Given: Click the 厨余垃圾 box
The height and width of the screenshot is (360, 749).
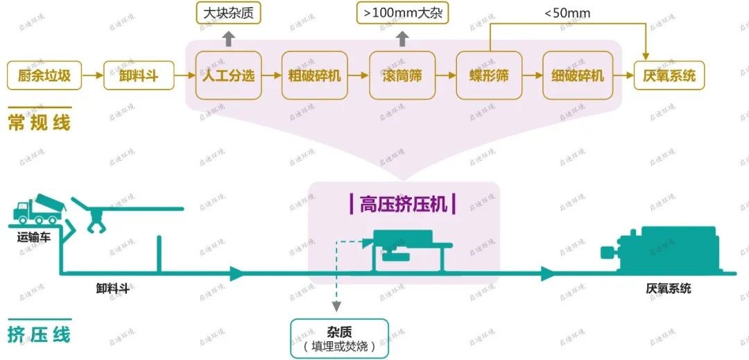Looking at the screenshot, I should (x=44, y=75).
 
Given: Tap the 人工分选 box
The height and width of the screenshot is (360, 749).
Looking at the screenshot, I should (x=228, y=75).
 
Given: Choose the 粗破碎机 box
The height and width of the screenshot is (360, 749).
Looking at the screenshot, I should (x=315, y=75).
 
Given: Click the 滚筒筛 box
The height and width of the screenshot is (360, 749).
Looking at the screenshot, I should (x=401, y=75).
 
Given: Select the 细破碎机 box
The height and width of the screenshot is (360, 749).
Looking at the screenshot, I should (x=578, y=75).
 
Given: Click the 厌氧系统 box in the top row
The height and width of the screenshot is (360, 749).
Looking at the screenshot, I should (x=669, y=75).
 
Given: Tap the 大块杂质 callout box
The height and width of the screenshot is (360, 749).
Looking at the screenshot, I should (x=228, y=12).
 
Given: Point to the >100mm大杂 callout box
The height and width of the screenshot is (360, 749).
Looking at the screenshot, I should (x=402, y=12).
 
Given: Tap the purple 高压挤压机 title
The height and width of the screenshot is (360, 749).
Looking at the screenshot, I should (x=403, y=203).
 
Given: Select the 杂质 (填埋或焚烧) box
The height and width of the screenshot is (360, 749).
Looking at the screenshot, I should (x=339, y=338).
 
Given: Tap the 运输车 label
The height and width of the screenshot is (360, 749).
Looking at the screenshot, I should (x=35, y=237).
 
